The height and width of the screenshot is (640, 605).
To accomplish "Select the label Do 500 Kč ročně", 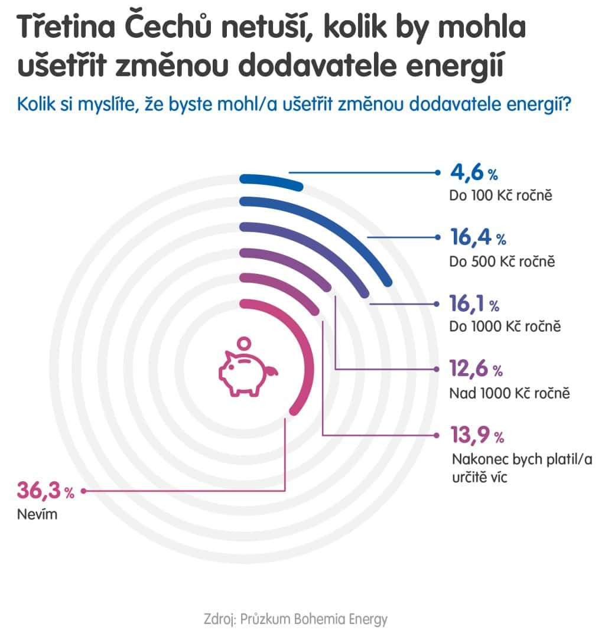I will click(502, 261).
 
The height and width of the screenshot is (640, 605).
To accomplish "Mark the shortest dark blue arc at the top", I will click(272, 181).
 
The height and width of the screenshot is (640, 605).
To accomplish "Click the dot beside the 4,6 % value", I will click(438, 172).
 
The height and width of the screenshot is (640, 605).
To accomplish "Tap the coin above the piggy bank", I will click(243, 343).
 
